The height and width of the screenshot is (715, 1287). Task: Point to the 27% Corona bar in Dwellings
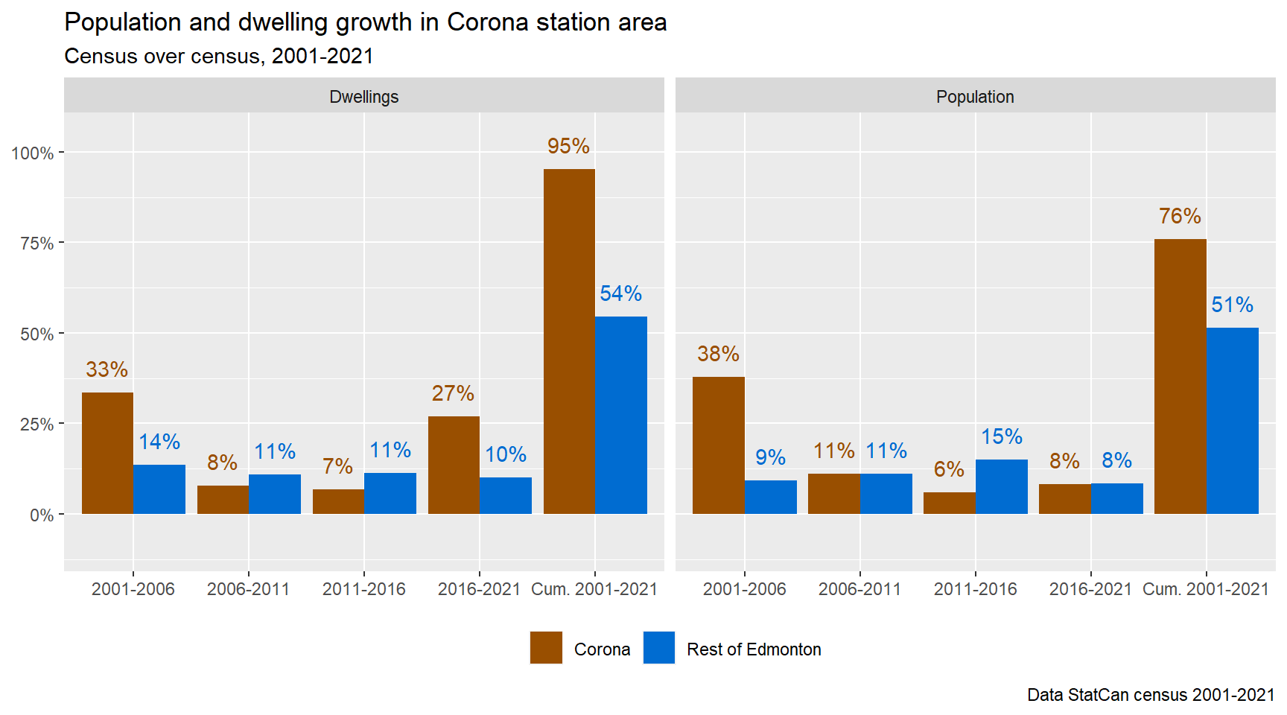454,465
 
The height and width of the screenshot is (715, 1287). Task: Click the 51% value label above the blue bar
1232,305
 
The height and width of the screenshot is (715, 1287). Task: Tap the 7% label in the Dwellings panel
337,466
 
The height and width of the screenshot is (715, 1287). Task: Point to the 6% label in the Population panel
949,469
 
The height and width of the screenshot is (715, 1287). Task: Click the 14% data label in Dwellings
159,442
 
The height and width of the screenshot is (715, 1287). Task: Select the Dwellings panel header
363,97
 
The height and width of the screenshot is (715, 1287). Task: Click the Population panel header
975,97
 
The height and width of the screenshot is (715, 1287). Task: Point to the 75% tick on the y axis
36,244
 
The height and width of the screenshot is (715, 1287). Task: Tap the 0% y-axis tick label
42,515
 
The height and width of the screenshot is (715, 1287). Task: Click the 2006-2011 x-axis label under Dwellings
248,589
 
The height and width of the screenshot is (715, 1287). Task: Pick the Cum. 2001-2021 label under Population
1205,589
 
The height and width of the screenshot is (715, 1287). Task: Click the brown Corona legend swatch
546,647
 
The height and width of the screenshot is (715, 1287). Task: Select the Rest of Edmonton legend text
754,649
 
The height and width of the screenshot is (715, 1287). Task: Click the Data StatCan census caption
1150,695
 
